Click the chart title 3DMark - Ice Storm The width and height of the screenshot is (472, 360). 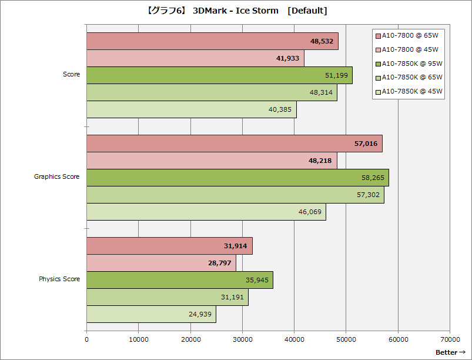pyautogui.click(x=235, y=11)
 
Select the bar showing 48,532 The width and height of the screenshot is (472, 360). pyautogui.click(x=212, y=41)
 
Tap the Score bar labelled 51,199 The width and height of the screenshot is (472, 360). pyautogui.click(x=219, y=75)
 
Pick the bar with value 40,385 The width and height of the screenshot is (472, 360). pyautogui.click(x=191, y=109)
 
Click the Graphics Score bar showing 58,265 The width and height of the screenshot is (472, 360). pyautogui.click(x=237, y=178)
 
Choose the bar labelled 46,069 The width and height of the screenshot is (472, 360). pyautogui.click(x=206, y=212)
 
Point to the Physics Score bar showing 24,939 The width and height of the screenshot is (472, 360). pyautogui.click(x=151, y=314)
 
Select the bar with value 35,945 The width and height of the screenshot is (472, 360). pyautogui.click(x=179, y=280)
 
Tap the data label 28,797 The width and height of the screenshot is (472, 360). pyautogui.click(x=221, y=263)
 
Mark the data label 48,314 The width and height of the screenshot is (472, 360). pyautogui.click(x=321, y=92)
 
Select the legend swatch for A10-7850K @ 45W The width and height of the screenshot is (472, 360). pyautogui.click(x=378, y=92)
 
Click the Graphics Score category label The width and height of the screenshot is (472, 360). pyautogui.click(x=57, y=176)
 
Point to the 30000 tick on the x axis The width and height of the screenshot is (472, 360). pyautogui.click(x=242, y=339)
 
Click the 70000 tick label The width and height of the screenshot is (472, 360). pyautogui.click(x=450, y=339)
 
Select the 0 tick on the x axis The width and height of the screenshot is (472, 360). pyautogui.click(x=87, y=339)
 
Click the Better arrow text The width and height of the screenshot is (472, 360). pyautogui.click(x=450, y=352)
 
